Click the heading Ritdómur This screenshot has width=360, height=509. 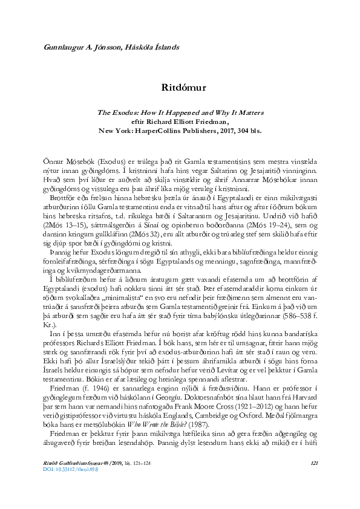click(x=184, y=87)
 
